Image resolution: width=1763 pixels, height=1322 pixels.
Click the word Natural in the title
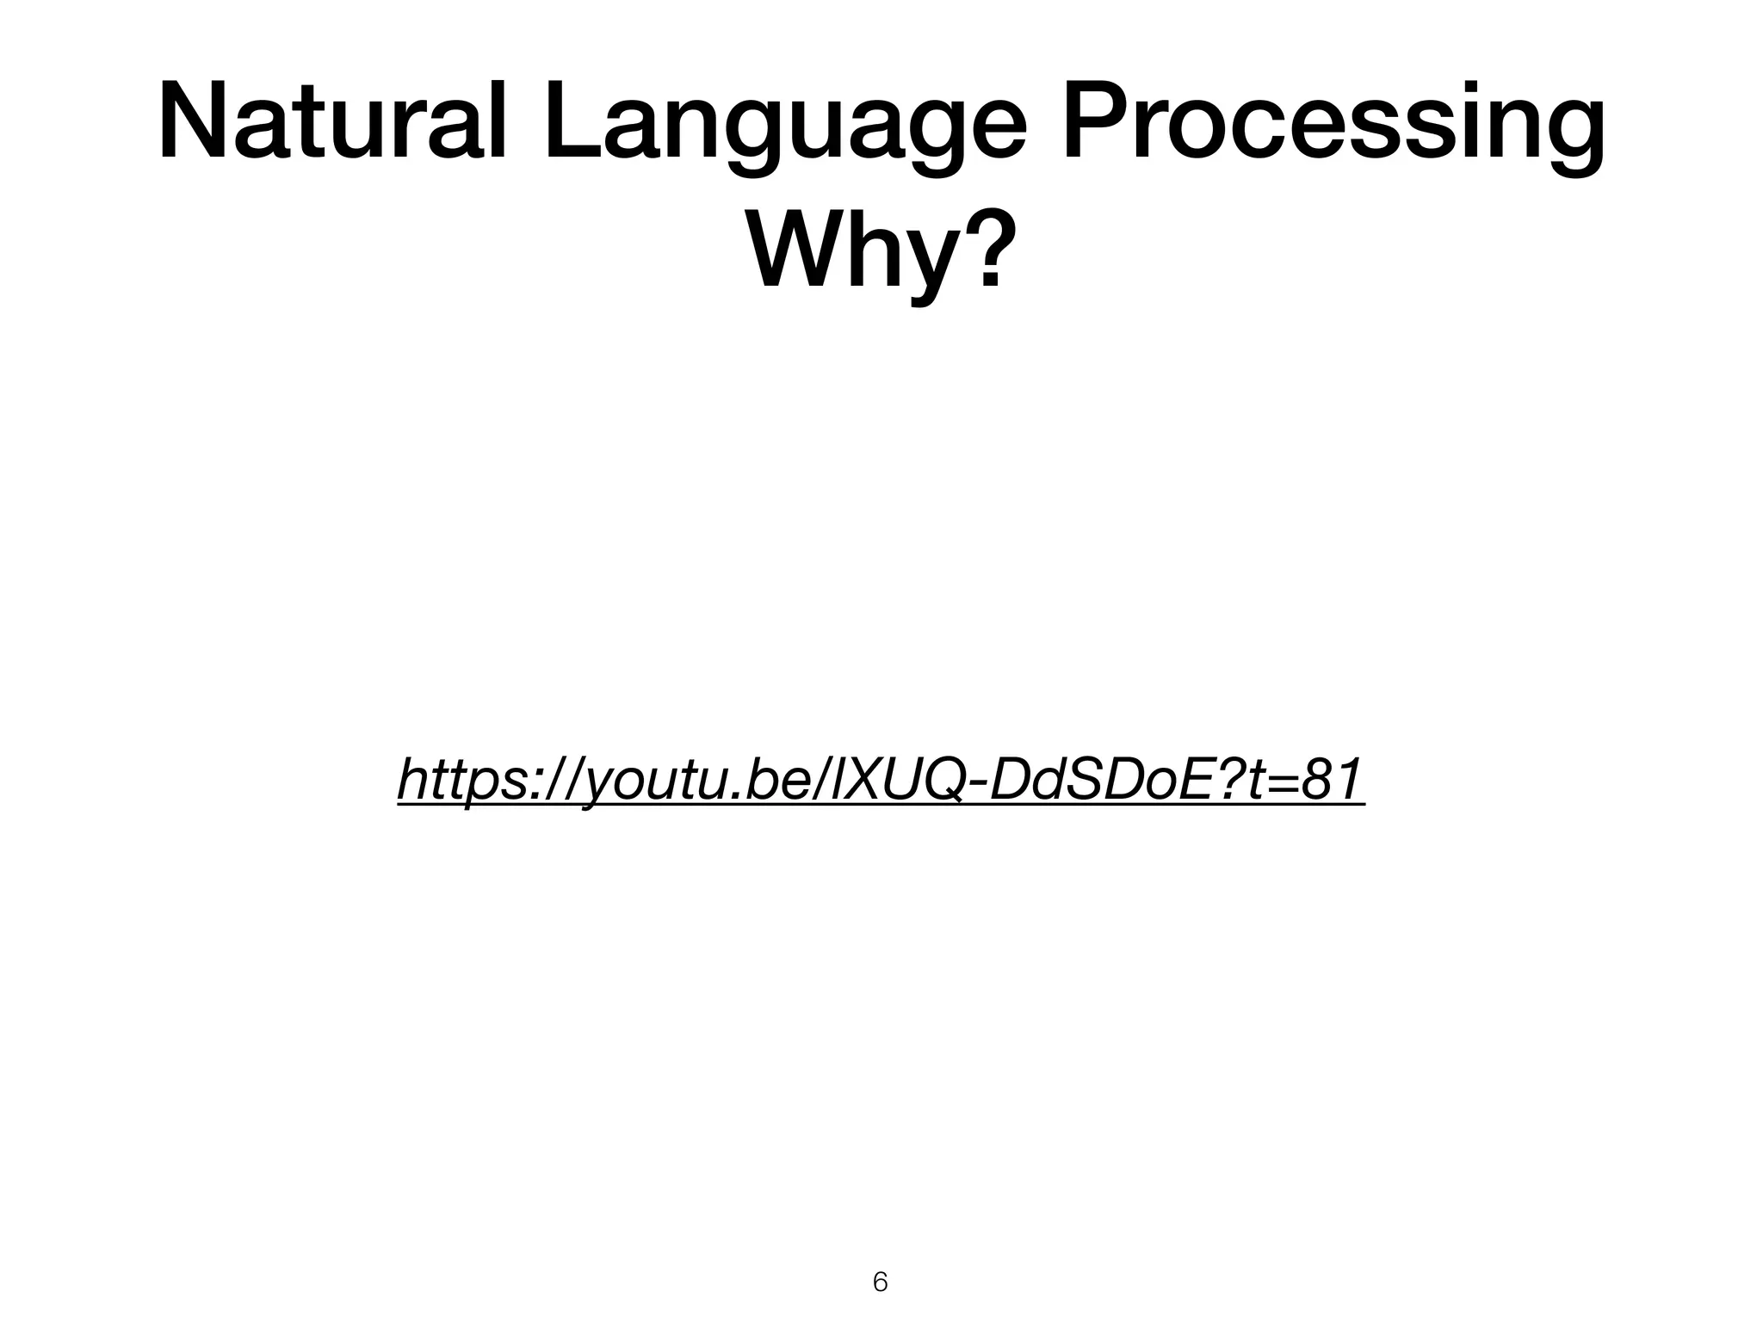pyautogui.click(x=331, y=123)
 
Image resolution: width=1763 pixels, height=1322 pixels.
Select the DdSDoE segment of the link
pyautogui.click(x=1093, y=780)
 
